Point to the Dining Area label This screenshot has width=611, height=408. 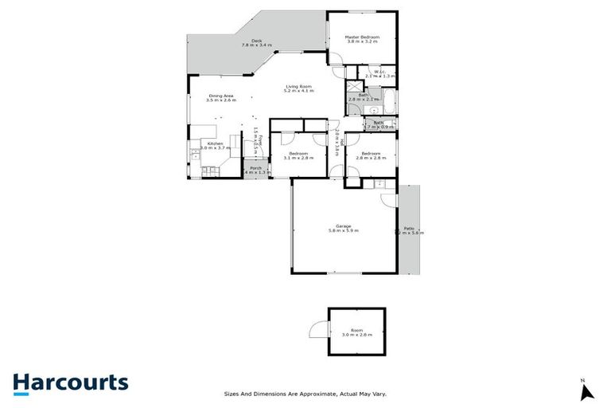click(x=221, y=97)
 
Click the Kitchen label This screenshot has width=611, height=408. click(x=215, y=145)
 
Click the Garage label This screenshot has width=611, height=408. click(x=344, y=228)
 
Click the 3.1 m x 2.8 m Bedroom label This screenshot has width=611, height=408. click(x=298, y=155)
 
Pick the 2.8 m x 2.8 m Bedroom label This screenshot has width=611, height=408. click(x=371, y=155)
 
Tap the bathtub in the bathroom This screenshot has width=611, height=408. click(x=390, y=100)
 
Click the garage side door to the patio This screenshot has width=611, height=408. click(x=398, y=230)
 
